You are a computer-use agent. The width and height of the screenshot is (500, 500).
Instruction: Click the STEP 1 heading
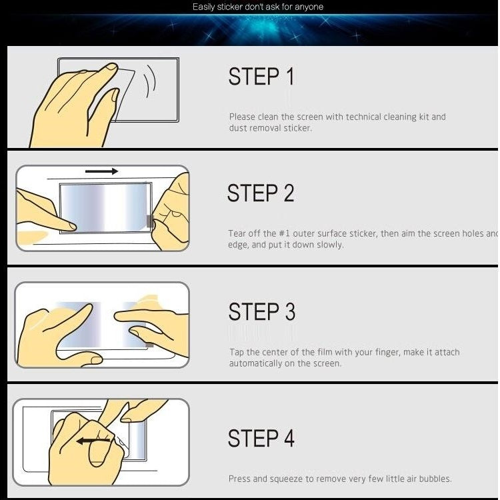click(261, 77)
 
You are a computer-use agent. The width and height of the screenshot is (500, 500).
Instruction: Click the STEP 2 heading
click(260, 193)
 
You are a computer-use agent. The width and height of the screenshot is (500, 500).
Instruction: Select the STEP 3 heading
click(261, 312)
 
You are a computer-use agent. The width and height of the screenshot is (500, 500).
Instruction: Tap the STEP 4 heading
click(261, 439)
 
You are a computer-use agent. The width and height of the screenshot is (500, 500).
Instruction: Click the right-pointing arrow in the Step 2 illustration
click(102, 171)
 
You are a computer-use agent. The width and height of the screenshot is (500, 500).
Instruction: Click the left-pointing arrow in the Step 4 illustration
click(94, 441)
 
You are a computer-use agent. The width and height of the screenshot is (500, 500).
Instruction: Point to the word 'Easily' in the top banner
click(204, 7)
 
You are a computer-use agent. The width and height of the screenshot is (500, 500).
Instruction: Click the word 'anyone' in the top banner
click(309, 7)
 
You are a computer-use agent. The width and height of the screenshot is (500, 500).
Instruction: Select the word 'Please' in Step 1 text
click(242, 117)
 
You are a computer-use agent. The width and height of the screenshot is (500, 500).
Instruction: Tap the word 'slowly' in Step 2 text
click(329, 245)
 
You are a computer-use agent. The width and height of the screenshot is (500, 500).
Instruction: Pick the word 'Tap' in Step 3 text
click(236, 352)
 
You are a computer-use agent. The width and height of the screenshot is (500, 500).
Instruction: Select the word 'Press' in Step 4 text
click(240, 479)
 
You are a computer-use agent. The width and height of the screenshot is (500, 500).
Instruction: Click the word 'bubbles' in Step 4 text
click(434, 479)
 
